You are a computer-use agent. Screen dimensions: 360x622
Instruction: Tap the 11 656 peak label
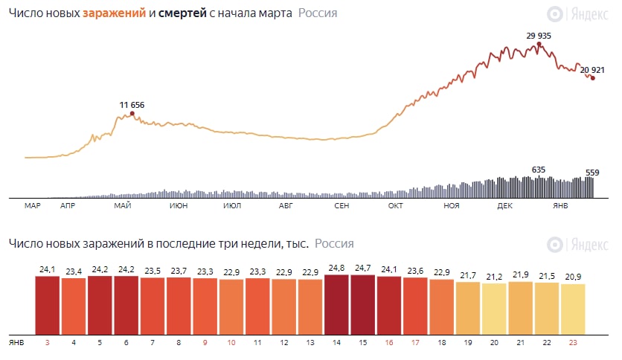coord(132,105)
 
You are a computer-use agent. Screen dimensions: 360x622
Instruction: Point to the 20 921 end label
coord(592,70)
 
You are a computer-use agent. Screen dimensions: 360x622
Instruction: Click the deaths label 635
coord(539,170)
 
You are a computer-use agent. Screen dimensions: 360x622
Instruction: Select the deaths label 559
coord(592,173)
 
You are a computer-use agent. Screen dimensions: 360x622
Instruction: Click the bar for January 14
coord(336,305)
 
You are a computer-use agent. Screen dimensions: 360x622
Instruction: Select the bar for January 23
coord(572,309)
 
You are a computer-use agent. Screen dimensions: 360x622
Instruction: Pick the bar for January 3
coord(48,305)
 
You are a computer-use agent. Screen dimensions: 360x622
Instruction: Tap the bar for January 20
coord(493,309)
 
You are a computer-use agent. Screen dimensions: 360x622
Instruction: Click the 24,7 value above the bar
coord(362,267)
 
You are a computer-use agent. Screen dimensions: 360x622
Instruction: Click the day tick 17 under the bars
coord(414,342)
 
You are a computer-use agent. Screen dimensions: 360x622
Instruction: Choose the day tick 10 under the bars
coord(231,342)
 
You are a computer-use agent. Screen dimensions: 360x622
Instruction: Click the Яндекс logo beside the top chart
coord(580,14)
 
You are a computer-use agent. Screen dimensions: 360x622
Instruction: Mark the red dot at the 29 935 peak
coord(539,44)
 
